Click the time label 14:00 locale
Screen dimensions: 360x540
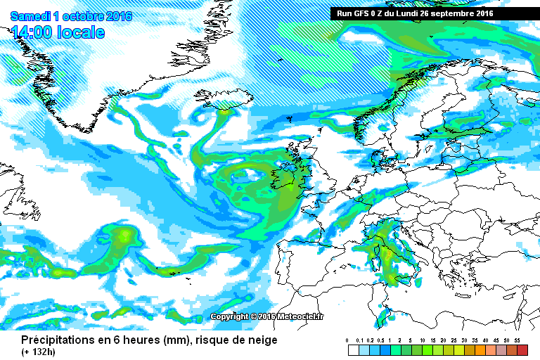(58, 32)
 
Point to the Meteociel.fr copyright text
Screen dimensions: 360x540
(267, 316)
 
